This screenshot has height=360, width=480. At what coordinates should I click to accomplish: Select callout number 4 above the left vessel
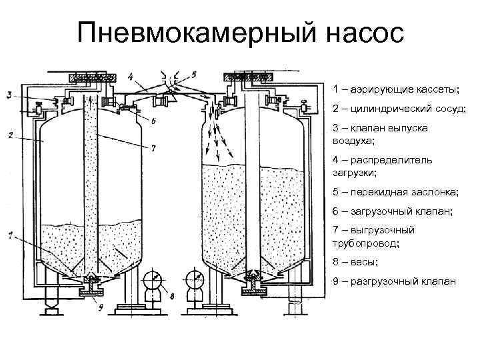coord(131,75)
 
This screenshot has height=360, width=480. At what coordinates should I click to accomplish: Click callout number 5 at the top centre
coord(194,73)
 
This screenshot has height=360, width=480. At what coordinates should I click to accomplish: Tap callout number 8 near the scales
coord(171,295)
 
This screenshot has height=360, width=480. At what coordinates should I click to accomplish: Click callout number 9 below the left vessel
coord(99,307)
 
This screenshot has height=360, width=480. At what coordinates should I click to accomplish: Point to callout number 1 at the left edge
coord(10,234)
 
